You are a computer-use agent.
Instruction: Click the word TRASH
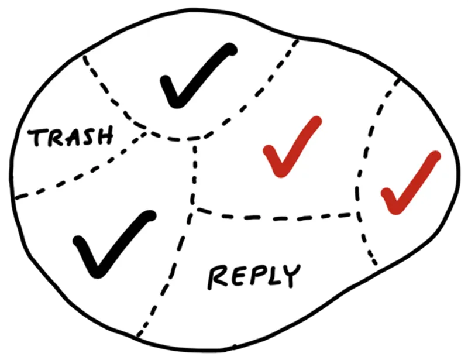coord(71,137)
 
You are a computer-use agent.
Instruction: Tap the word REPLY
coord(254,276)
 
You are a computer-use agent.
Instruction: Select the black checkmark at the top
coord(199,76)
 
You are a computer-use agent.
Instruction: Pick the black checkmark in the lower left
coord(114,244)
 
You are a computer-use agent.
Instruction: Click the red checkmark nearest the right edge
coord(411,183)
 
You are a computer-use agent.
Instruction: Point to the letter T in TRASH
coord(35,138)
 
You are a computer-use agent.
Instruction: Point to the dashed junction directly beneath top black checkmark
coord(194,139)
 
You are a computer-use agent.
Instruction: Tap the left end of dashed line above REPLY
coord(194,208)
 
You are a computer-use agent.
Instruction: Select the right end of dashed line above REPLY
coord(357,214)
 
